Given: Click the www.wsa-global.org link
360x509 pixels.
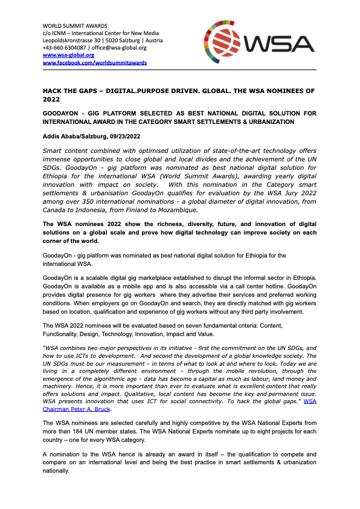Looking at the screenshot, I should pyautogui.click(x=60, y=55).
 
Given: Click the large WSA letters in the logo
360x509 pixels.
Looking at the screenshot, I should pyautogui.click(x=280, y=44).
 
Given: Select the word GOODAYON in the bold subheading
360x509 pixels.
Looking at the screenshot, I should pyautogui.click(x=60, y=113).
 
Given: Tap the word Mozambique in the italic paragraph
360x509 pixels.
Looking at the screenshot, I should pyautogui.click(x=176, y=210).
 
